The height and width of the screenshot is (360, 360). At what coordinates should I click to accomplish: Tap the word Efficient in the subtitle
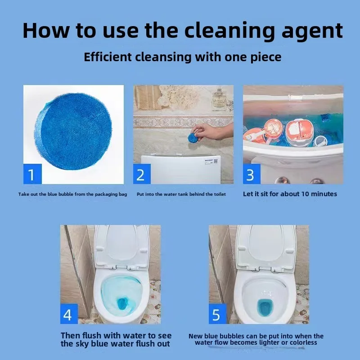pyautogui.click(x=108, y=57)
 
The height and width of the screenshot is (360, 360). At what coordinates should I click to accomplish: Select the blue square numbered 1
pyautogui.click(x=32, y=174)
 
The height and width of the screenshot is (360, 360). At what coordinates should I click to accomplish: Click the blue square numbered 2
pyautogui.click(x=142, y=174)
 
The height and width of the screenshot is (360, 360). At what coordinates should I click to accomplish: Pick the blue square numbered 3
pyautogui.click(x=252, y=174)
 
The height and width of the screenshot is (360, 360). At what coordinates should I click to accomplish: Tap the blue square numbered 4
pyautogui.click(x=69, y=314)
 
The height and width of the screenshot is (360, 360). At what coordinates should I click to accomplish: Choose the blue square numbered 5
pyautogui.click(x=217, y=314)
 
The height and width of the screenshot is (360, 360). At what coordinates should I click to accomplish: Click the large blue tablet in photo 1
pyautogui.click(x=73, y=131)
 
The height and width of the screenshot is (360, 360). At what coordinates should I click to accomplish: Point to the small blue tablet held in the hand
pyautogui.click(x=193, y=138)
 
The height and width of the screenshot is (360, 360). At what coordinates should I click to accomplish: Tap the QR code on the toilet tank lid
pyautogui.click(x=216, y=161)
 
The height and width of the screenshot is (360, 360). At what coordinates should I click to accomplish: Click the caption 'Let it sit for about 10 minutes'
pyautogui.click(x=290, y=194)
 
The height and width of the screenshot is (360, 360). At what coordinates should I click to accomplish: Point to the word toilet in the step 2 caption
pyautogui.click(x=220, y=194)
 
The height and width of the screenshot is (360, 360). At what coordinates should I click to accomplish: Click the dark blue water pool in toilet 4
pyautogui.click(x=122, y=303)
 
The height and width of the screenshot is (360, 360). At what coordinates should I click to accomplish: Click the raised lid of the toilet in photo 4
pyautogui.click(x=122, y=246)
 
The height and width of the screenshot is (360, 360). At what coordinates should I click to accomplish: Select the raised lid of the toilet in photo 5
pyautogui.click(x=266, y=246)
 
